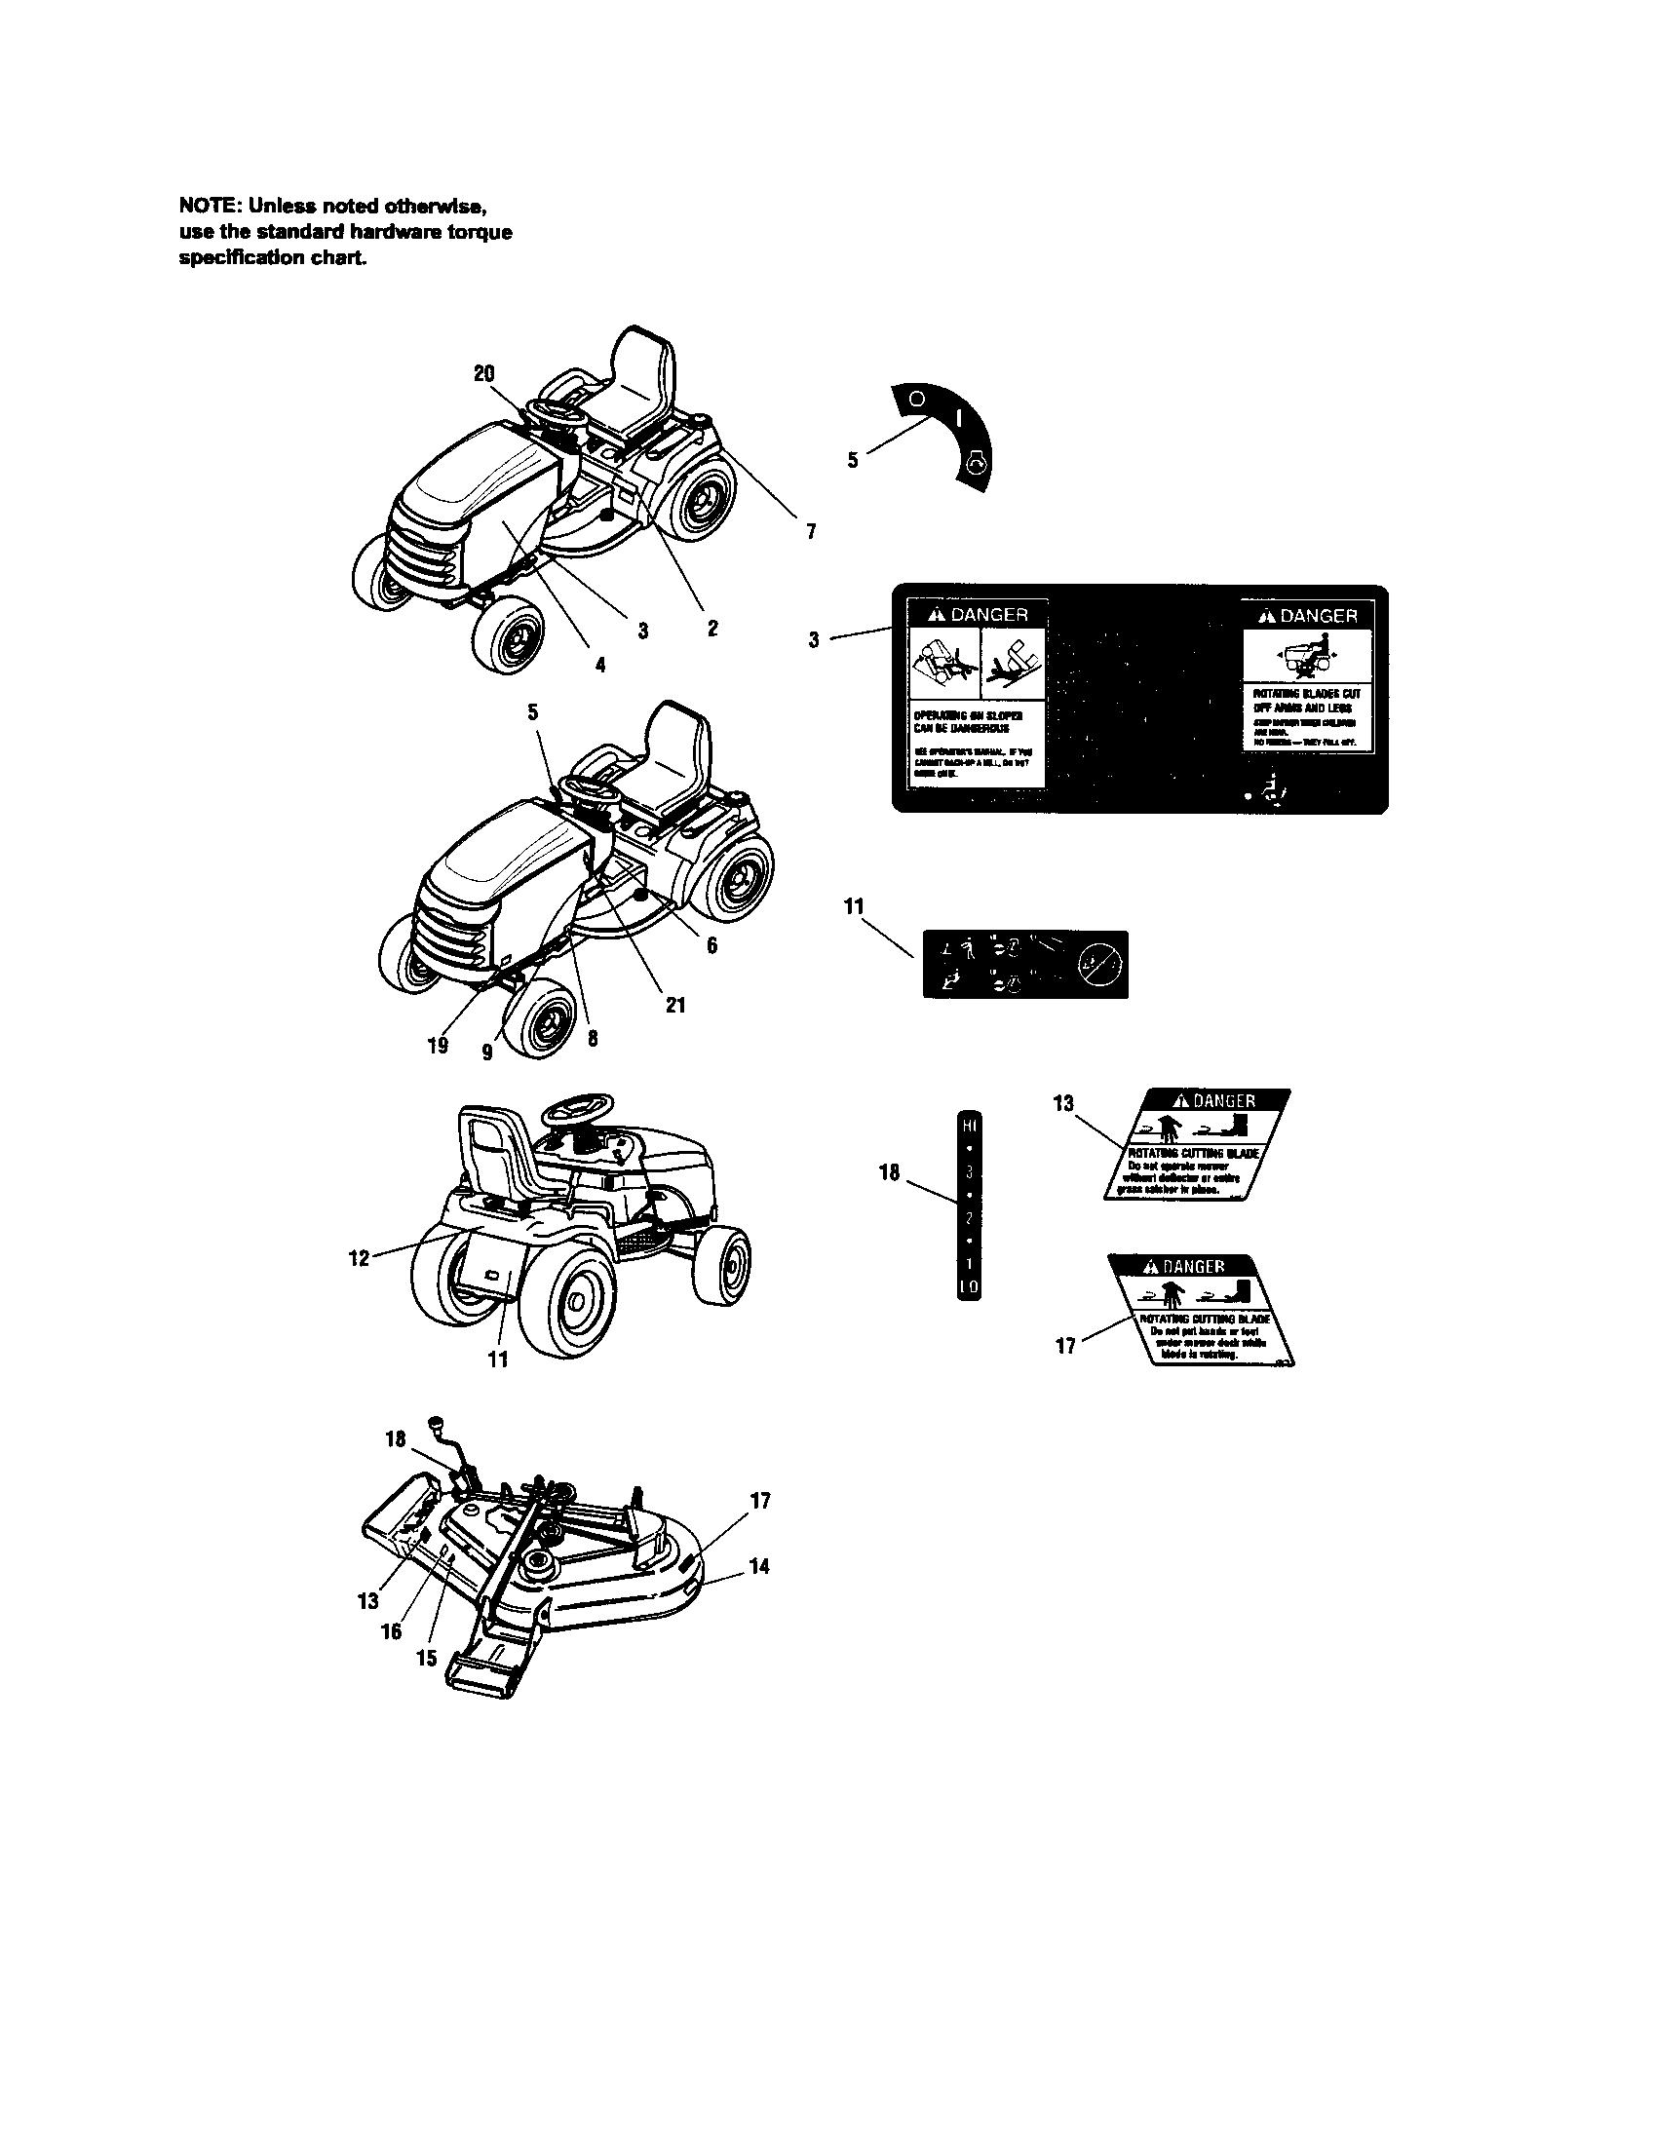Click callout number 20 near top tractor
(x=484, y=374)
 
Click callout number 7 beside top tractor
(x=811, y=531)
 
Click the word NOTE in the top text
(x=206, y=207)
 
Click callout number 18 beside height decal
(x=889, y=1172)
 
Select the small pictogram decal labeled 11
(x=1024, y=964)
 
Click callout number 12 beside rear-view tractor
(x=359, y=1258)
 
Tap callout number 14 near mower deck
(x=759, y=1567)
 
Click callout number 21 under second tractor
(x=675, y=1006)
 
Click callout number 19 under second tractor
(x=438, y=1046)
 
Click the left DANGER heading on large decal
(x=977, y=615)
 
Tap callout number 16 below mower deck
(x=391, y=1631)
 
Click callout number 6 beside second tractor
(x=711, y=945)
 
